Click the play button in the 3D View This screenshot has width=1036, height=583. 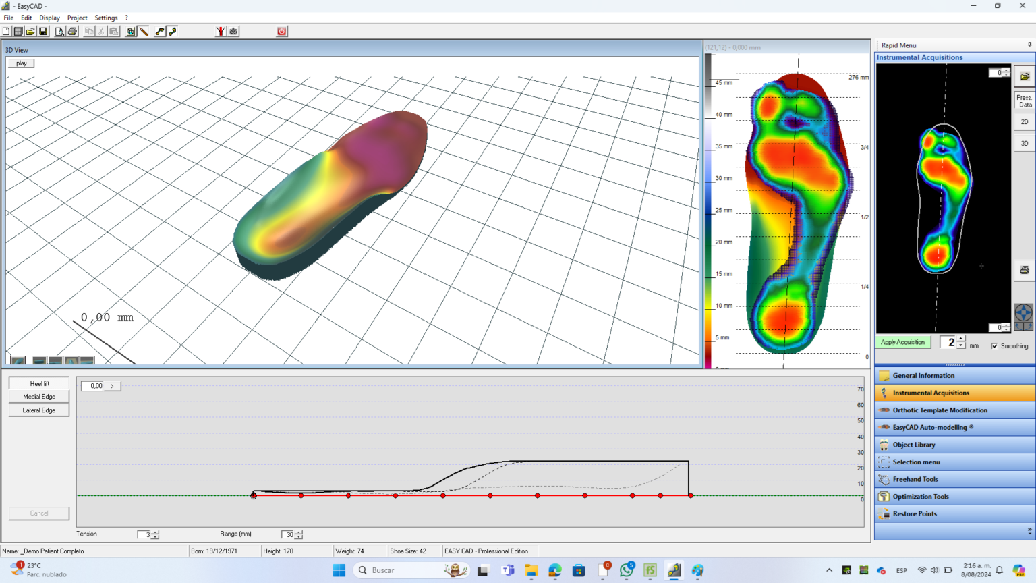tap(21, 63)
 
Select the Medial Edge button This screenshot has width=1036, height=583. tap(39, 397)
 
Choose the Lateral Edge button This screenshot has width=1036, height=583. tap(39, 410)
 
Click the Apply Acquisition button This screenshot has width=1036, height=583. tap(902, 342)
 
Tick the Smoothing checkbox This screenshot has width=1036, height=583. tap(994, 346)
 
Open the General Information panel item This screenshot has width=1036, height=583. tap(923, 376)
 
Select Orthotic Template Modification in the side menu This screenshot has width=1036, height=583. tap(940, 410)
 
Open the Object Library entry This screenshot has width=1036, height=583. tap(914, 445)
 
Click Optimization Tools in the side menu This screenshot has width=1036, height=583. tap(921, 497)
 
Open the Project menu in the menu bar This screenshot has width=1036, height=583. tap(77, 18)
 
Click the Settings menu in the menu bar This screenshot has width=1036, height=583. tap(106, 18)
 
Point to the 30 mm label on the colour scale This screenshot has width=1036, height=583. tap(724, 178)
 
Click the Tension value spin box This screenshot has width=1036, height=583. tap(144, 534)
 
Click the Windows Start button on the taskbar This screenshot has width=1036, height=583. tap(339, 570)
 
